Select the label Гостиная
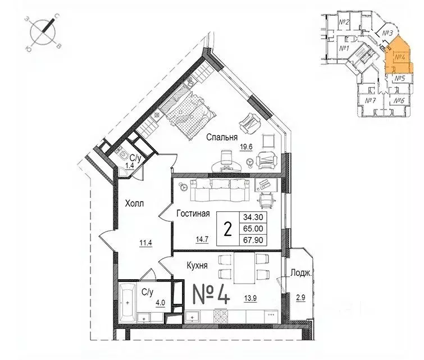point(193,213)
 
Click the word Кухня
point(195,263)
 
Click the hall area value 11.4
point(146,243)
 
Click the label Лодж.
point(302,274)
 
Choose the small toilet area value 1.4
point(129,167)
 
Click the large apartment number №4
point(211,295)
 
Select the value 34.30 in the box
point(254,217)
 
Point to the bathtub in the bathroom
point(128,300)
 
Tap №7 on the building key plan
point(370,101)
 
